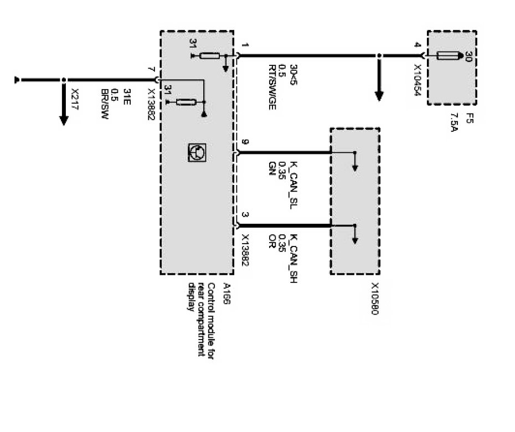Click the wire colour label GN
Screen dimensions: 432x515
[x=271, y=166]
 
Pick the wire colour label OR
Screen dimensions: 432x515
[x=271, y=242]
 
